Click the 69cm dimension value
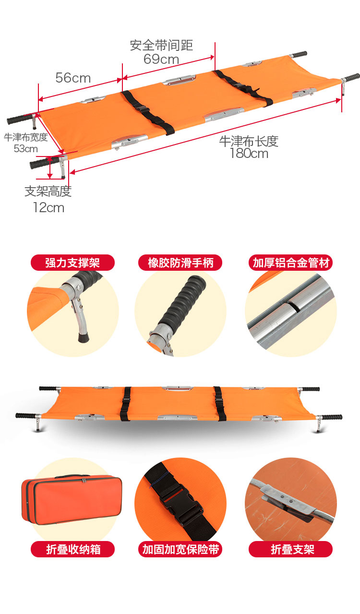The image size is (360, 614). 161,59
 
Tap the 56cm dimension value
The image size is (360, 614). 73,78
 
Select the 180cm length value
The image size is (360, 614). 249,154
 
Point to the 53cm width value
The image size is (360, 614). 26,148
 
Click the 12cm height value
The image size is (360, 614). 48,207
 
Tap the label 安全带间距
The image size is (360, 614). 161,45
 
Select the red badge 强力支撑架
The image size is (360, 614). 72,263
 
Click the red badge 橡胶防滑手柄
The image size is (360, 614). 180,263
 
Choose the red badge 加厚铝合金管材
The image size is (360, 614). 291,263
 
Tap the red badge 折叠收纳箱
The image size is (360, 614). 72,549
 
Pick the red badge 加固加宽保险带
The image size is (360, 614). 180,549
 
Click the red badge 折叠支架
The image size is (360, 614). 291,549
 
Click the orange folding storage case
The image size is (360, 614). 72,499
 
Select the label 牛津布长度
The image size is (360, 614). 249,141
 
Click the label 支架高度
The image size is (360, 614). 48,191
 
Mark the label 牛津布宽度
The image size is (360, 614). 26,137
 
